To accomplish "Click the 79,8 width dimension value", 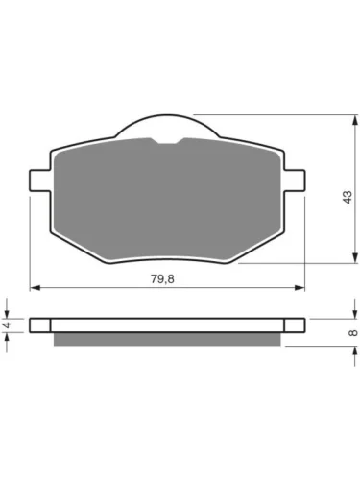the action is [x=162, y=279].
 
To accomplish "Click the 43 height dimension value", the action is [x=348, y=197].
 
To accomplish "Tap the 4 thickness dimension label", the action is [x=7, y=325].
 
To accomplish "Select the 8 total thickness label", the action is [x=353, y=333].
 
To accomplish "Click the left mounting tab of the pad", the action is [x=40, y=180].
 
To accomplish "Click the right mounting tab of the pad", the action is [x=295, y=180].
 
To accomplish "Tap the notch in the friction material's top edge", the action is [x=168, y=141].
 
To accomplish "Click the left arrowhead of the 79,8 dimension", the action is [x=35, y=288].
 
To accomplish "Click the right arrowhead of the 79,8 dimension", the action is [x=300, y=288].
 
